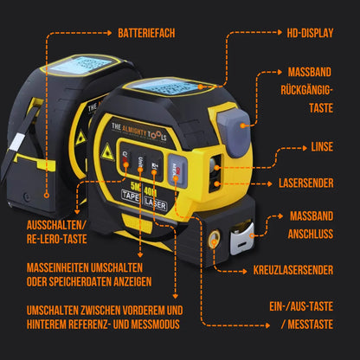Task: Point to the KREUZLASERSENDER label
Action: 291,270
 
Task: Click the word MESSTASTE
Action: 305,325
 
